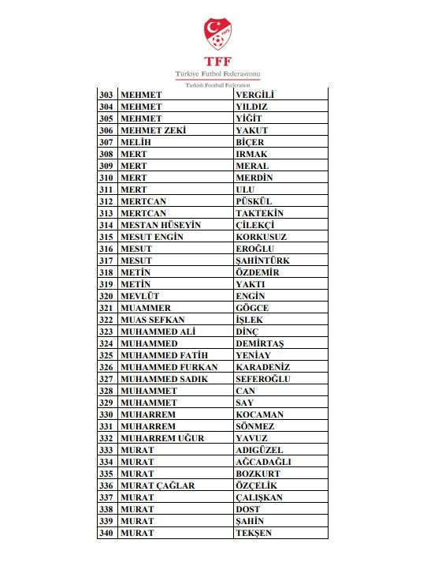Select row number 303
106,95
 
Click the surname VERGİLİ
257,95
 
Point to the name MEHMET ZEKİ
152,130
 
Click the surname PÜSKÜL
254,201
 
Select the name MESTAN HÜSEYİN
160,225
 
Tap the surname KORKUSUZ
261,237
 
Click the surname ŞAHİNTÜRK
262,260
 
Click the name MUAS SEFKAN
152,320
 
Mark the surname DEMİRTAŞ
259,343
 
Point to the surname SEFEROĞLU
263,379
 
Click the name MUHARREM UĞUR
162,438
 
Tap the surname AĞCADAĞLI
263,462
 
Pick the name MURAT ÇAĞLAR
157,485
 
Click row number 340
106,533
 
